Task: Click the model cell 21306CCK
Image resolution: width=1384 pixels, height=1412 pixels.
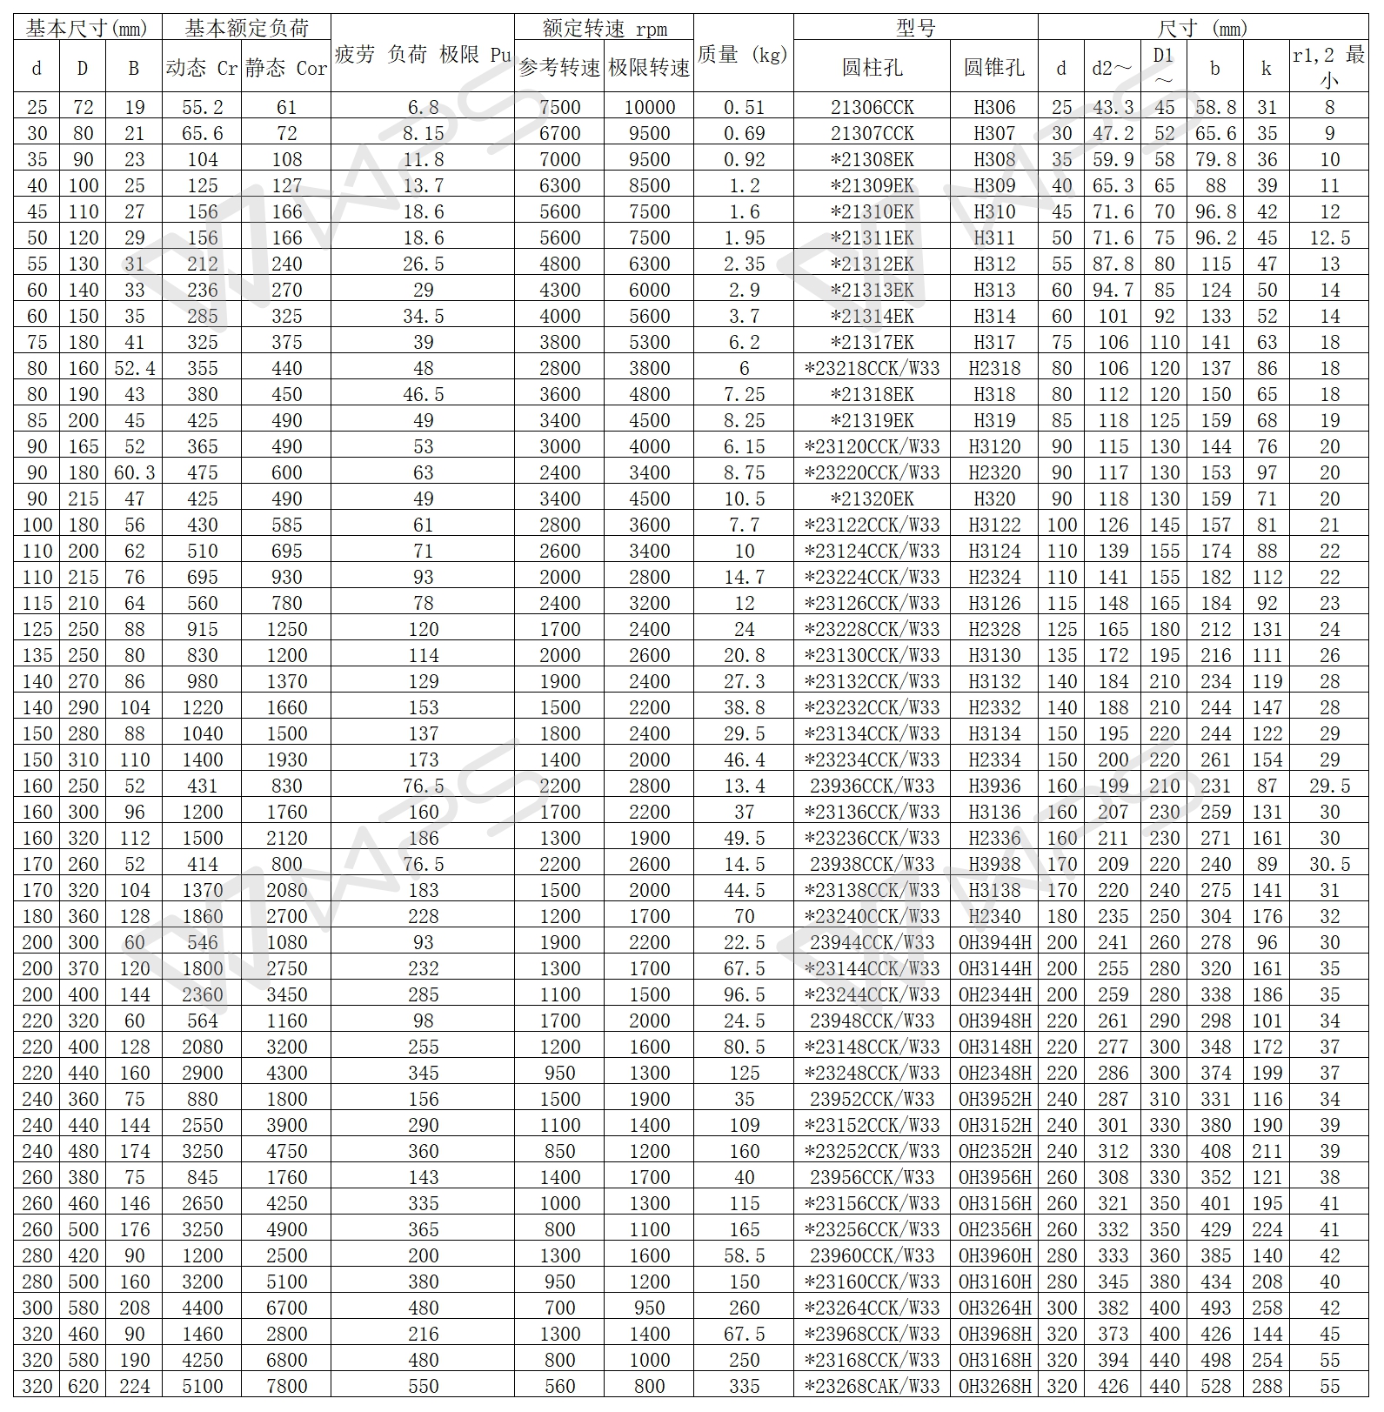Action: click(x=872, y=107)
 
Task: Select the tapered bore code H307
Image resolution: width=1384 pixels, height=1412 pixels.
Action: click(x=994, y=133)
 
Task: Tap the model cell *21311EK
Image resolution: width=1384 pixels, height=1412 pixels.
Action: click(x=872, y=238)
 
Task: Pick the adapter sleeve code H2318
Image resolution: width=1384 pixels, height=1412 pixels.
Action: click(x=994, y=368)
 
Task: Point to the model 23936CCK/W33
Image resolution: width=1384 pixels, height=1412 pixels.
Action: click(x=872, y=786)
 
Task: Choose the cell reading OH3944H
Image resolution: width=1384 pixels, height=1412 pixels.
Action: click(x=994, y=942)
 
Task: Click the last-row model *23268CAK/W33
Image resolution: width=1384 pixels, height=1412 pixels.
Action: click(x=872, y=1386)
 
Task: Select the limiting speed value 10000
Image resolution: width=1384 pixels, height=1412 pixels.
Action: click(x=649, y=107)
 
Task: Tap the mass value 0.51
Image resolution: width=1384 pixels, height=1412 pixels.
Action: click(x=744, y=107)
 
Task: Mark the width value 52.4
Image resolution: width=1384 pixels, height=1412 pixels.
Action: click(x=134, y=368)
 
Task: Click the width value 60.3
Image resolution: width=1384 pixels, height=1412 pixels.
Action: click(x=134, y=472)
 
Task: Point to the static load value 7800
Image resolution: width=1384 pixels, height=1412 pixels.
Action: click(x=286, y=1386)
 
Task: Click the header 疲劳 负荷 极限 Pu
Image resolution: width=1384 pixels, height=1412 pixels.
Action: click(x=423, y=54)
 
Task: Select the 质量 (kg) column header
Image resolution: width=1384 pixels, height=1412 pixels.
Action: click(x=743, y=54)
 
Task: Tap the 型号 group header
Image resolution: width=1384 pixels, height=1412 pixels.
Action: click(x=915, y=28)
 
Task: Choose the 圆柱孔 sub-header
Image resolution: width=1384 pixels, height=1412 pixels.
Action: click(x=872, y=67)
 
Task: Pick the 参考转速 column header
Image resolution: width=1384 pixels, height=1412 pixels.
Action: click(x=559, y=67)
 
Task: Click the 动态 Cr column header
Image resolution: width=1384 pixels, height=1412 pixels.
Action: click(x=202, y=67)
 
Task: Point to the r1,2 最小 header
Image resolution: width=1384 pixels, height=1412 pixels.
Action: click(x=1328, y=67)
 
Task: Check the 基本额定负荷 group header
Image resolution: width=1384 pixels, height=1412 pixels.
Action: click(x=246, y=28)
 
